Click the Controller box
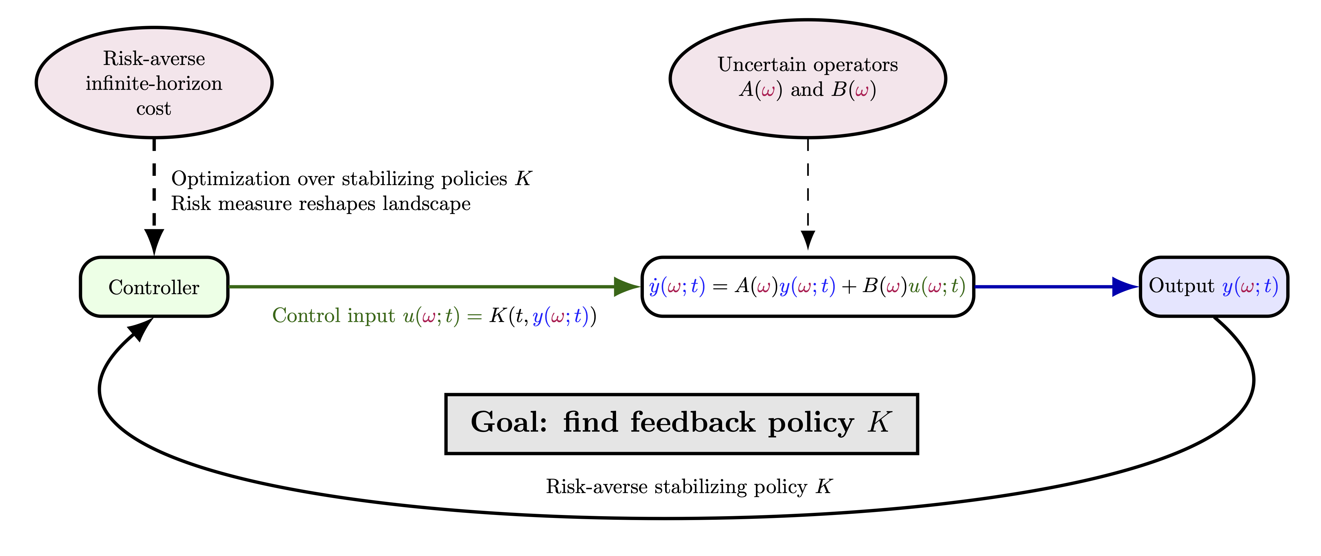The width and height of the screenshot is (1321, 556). pos(154,287)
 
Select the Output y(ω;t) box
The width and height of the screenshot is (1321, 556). pos(1214,287)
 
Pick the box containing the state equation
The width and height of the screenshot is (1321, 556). pos(808,287)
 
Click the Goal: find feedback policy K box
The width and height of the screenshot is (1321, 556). pos(682,424)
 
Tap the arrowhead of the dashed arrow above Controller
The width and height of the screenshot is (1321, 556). pos(154,242)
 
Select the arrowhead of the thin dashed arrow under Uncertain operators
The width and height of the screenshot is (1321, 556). pos(808,240)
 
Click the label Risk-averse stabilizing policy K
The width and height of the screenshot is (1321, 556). pos(689,486)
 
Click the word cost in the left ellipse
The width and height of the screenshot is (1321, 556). pos(154,109)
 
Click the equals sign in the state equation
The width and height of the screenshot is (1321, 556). pos(720,287)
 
